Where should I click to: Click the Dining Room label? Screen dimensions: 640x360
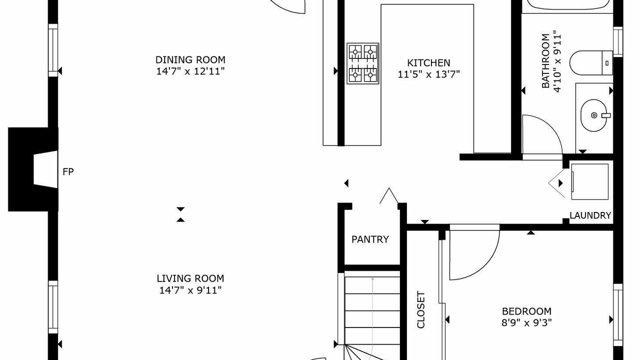click(190, 59)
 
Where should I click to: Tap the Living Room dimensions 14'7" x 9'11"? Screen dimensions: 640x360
click(190, 290)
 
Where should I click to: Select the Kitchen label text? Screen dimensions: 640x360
click(428, 62)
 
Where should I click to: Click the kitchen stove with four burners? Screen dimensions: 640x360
click(363, 63)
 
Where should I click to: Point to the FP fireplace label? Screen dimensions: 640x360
click(68, 171)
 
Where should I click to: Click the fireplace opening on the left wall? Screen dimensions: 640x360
click(45, 169)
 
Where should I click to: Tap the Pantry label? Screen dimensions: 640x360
click(370, 239)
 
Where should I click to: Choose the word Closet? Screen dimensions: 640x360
click(421, 309)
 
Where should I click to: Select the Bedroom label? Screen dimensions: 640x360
click(526, 311)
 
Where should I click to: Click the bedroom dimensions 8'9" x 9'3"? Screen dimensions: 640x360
click(526, 322)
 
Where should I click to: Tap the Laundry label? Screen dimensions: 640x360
click(590, 215)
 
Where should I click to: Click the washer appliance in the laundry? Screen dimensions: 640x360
click(589, 181)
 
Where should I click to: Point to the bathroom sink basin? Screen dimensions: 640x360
click(594, 115)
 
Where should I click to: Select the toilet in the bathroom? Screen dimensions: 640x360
click(591, 63)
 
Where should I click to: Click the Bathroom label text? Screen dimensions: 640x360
click(545, 61)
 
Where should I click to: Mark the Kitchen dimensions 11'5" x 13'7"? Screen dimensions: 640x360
click(428, 74)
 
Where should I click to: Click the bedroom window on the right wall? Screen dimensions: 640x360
click(618, 315)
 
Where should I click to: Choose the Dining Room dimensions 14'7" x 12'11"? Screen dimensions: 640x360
click(190, 71)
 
